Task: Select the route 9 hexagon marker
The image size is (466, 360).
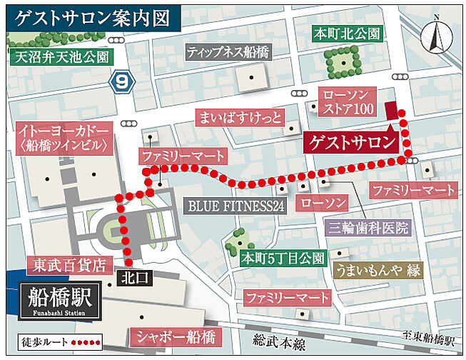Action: click(x=123, y=82)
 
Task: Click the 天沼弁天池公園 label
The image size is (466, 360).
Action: click(x=61, y=56)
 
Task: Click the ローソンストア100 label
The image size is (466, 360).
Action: click(x=348, y=102)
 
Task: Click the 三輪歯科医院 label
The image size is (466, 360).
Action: click(x=369, y=228)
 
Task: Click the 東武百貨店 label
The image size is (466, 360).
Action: click(x=70, y=265)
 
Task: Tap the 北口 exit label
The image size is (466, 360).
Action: click(x=133, y=279)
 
